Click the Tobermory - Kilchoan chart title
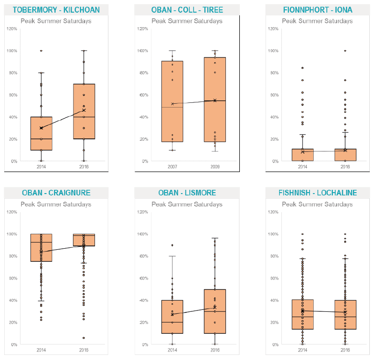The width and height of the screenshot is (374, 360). point(56,10)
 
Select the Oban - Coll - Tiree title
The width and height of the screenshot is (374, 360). point(187,10)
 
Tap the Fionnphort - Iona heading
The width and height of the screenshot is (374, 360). point(317,10)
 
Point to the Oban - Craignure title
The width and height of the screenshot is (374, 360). point(56,193)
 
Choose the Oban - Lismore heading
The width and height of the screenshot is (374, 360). point(187,193)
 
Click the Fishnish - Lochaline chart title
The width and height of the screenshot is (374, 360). point(317,193)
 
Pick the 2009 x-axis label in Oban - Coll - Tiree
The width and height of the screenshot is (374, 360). point(215,166)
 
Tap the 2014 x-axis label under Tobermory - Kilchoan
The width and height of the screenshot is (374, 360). point(42,166)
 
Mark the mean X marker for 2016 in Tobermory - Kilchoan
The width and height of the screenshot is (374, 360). point(84,110)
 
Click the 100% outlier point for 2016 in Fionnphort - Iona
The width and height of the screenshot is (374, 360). point(345,50)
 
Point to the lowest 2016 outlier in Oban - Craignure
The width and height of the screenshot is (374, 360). point(84,338)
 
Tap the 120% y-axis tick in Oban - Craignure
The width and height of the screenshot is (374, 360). point(10,212)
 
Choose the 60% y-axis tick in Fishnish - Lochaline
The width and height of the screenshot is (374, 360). point(272,278)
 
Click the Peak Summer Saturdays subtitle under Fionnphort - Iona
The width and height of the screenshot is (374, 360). point(317,21)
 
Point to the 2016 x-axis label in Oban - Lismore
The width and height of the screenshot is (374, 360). point(215,350)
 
